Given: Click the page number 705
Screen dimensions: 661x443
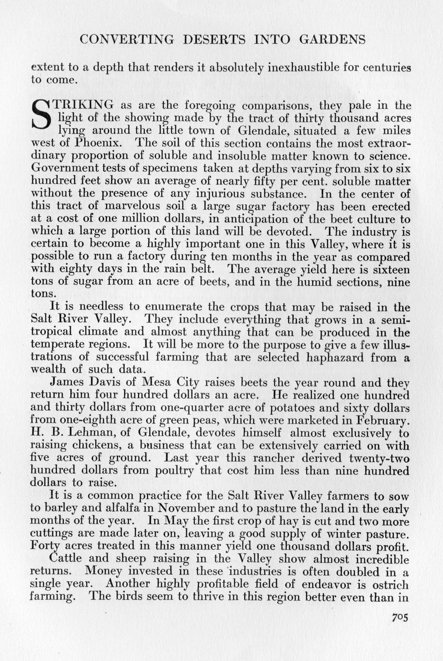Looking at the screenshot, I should (399, 618).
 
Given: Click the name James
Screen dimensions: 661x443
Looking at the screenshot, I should (65, 383).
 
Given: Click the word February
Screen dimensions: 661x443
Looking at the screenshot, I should (379, 420).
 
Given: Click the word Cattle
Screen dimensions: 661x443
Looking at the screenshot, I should (66, 559).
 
